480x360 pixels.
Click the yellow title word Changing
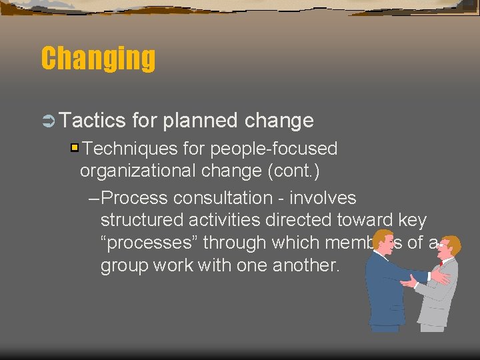pos(98,59)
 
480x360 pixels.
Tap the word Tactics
pos(92,120)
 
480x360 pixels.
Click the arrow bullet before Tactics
pos(48,121)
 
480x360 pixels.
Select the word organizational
pos(137,171)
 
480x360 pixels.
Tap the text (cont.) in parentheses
pos(293,171)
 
